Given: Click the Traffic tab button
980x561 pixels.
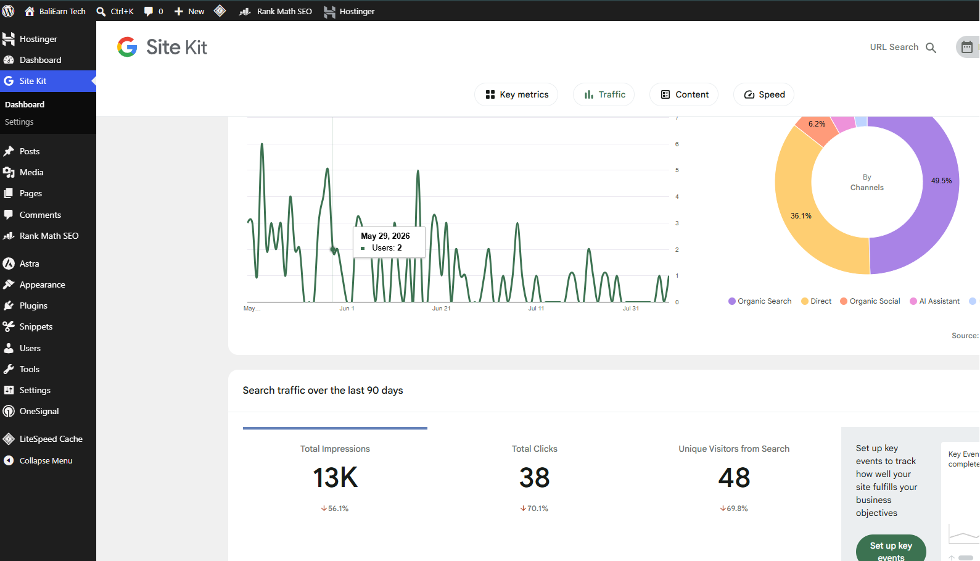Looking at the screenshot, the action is tap(604, 94).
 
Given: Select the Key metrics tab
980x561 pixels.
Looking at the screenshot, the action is tap(516, 94).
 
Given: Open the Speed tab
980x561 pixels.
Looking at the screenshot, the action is tap(764, 94).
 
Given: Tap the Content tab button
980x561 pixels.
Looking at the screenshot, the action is tap(684, 94).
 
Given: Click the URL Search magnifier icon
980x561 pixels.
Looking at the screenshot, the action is tap(931, 48).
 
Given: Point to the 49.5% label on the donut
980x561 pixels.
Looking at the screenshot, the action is tap(942, 180).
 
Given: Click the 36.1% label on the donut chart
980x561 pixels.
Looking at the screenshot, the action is tap(801, 215).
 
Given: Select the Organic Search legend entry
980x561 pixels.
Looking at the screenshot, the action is tap(760, 301).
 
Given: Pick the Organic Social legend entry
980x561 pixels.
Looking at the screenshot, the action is tap(870, 301).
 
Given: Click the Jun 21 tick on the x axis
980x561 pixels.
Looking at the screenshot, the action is tap(442, 309).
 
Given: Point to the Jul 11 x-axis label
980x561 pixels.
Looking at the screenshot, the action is tap(536, 309).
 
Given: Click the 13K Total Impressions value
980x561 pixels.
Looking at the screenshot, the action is tap(335, 477).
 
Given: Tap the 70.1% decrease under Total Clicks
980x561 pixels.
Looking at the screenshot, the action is tap(534, 509).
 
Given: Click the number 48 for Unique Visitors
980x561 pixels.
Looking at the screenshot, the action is tap(734, 477).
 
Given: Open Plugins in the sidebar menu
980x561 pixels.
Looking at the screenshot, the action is tap(33, 305).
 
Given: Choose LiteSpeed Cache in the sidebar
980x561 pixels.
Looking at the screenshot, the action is tap(51, 439).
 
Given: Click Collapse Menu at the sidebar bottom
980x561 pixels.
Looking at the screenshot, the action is tap(46, 461).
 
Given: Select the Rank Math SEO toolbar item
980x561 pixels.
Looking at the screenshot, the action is tap(276, 11).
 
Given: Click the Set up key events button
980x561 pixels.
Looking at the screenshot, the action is tap(891, 550).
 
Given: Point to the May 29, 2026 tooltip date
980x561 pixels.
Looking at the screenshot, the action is tap(385, 236).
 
